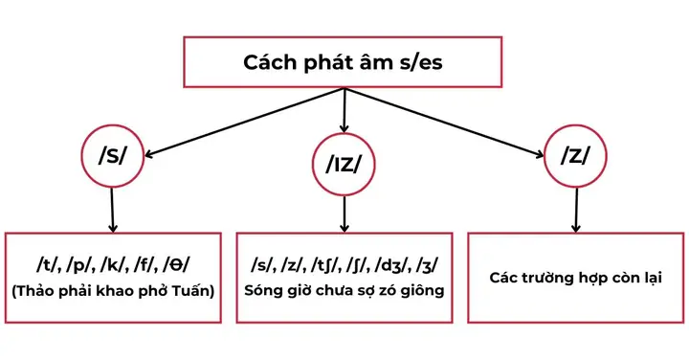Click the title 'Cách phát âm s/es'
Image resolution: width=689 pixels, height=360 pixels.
click(x=344, y=66)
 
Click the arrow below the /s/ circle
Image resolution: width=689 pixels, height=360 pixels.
click(x=113, y=209)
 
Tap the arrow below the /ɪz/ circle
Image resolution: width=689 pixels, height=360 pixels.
click(x=343, y=214)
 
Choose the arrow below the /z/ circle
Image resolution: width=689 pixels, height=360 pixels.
click(x=574, y=209)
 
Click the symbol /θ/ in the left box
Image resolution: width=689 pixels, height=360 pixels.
click(x=188, y=264)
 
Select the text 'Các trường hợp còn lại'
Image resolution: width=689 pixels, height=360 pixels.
click(x=575, y=279)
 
